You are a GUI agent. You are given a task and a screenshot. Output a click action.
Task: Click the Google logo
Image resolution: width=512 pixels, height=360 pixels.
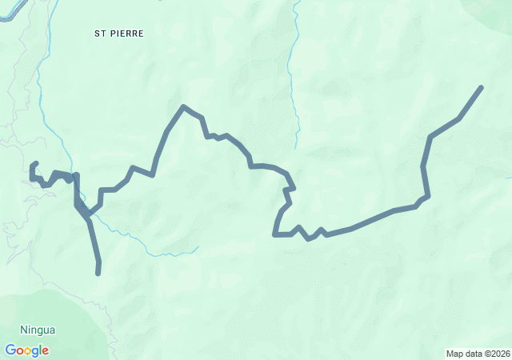click(26, 350)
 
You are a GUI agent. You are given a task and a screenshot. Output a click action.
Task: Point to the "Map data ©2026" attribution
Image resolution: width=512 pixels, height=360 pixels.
click(478, 354)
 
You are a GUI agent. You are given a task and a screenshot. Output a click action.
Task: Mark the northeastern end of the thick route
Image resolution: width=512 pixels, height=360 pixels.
click(482, 86)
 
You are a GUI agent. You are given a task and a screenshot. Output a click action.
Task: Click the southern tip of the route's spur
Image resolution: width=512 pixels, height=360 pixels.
click(98, 274)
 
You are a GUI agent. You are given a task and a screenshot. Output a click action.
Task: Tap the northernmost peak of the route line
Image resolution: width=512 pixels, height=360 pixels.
click(184, 106)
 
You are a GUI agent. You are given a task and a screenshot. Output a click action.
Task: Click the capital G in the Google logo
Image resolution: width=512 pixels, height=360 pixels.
click(10, 350)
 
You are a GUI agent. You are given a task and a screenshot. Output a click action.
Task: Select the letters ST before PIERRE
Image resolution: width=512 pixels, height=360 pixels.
click(100, 34)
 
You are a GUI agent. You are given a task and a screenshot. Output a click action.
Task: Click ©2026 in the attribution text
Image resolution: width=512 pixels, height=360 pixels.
click(496, 354)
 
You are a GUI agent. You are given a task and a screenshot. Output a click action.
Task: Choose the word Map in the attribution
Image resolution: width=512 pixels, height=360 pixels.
click(454, 354)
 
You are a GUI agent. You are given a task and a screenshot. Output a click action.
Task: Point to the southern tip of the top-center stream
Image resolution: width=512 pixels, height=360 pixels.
click(296, 148)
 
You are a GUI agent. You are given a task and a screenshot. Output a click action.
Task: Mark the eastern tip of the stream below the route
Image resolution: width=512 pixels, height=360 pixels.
click(198, 247)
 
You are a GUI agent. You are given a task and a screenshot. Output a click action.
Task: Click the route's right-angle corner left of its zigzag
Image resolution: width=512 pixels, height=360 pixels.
click(275, 235)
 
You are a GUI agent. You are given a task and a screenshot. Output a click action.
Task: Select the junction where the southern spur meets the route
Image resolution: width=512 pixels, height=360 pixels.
click(77, 203)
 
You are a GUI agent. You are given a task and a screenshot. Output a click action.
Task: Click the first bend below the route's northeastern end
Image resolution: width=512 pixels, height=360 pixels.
click(459, 118)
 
